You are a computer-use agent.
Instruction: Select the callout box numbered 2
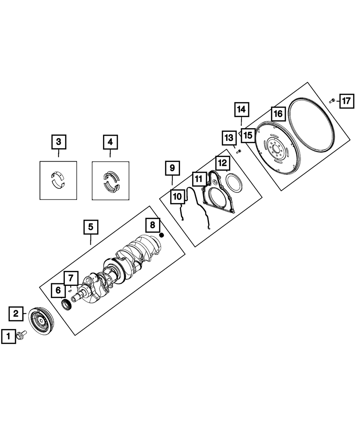coord(16,314)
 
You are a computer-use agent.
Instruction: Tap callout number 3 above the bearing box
coord(58,142)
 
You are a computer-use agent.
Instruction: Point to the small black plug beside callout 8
coord(162,235)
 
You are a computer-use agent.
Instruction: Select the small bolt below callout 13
coord(238,152)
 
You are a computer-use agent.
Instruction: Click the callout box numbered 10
coord(177,197)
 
